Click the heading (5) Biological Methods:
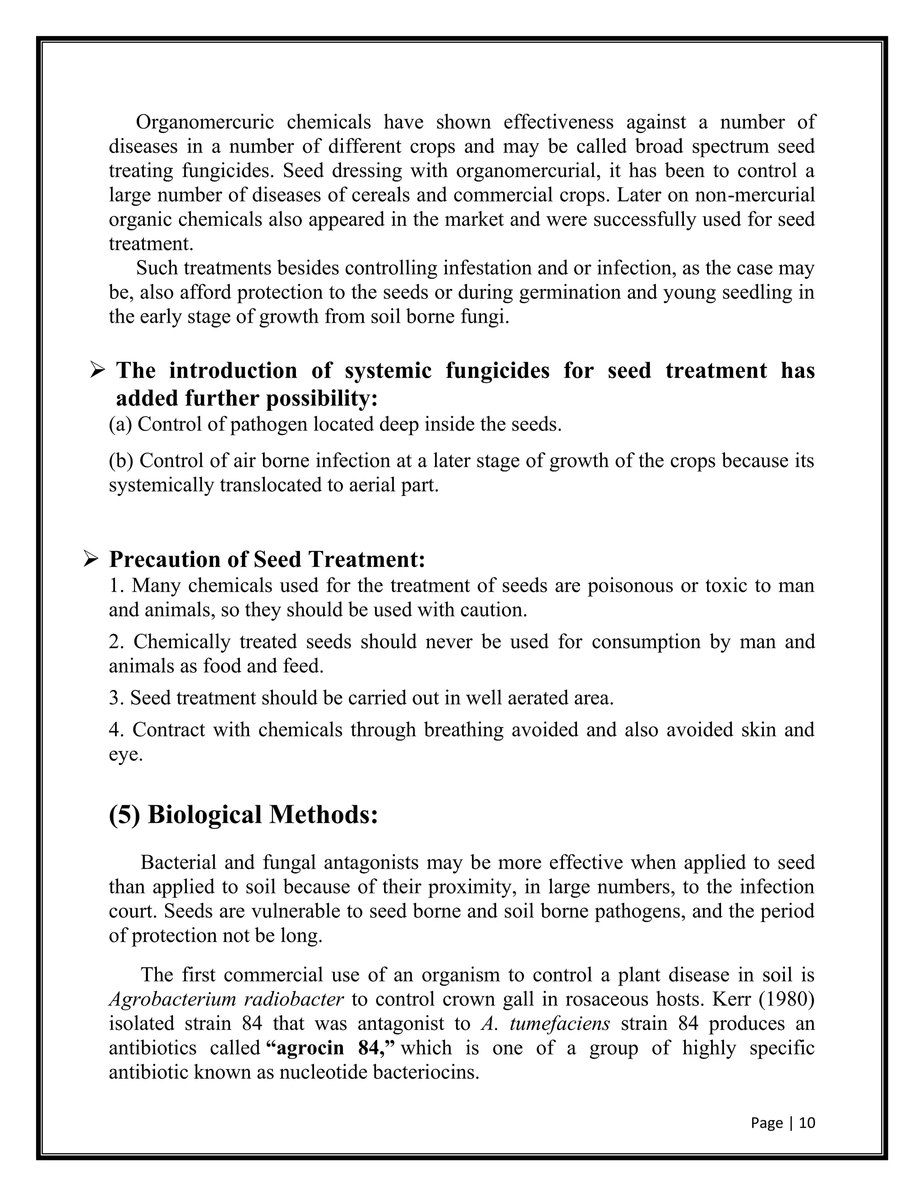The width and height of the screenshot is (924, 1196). click(244, 814)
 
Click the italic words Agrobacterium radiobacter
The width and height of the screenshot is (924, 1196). click(226, 999)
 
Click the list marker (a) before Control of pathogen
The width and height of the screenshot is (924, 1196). click(120, 424)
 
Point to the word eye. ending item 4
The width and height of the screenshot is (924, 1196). click(125, 754)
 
